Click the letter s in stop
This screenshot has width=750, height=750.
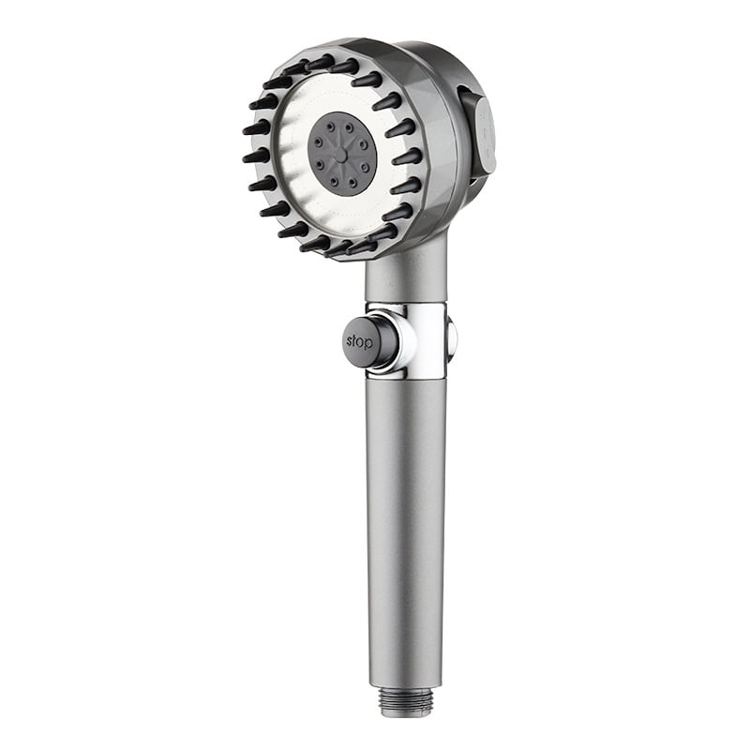pos(350,341)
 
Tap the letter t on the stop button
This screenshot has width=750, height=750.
pos(355,341)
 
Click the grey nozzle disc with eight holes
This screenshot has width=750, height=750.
pos(342,153)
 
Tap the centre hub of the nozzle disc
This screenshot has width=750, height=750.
pos(342,153)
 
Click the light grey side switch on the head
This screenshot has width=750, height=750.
pos(484,136)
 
